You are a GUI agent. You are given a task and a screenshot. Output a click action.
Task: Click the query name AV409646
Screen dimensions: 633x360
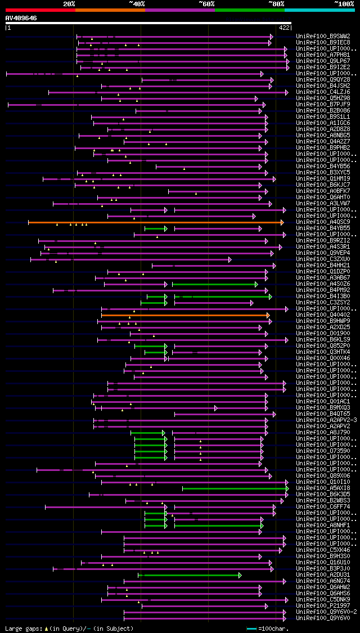pyautogui.click(x=21, y=18)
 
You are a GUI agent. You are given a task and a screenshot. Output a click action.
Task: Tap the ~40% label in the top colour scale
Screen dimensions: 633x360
pyautogui.click(x=137, y=3)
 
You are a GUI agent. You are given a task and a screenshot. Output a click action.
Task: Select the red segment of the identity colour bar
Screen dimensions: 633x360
pyautogui.click(x=40, y=10)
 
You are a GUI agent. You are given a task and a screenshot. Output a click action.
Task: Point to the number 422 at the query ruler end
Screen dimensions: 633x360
pyautogui.click(x=284, y=27)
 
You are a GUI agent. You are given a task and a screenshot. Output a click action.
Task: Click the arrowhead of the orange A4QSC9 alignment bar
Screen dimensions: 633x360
pyautogui.click(x=282, y=222)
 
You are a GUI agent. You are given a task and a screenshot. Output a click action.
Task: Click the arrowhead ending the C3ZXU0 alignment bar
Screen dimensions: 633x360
pyautogui.click(x=229, y=259)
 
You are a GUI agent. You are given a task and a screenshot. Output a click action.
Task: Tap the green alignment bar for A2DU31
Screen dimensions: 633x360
pyautogui.click(x=191, y=575)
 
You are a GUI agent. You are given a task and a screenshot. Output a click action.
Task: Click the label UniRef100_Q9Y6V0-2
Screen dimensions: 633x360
pyautogui.click(x=326, y=612)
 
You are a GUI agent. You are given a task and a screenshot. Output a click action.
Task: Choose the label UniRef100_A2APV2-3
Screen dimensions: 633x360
pyautogui.click(x=326, y=420)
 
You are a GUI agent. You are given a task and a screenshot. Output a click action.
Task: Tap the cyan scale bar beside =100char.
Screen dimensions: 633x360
pyautogui.click(x=251, y=628)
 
